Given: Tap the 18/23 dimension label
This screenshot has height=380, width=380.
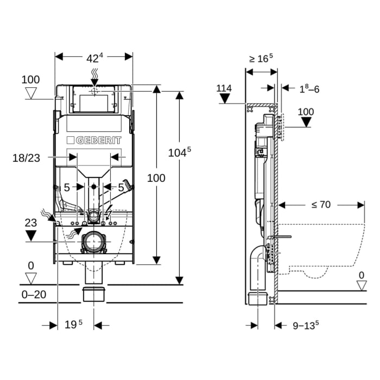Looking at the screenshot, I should click(x=26, y=158).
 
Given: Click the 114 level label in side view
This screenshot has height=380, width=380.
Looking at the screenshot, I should click(x=224, y=88).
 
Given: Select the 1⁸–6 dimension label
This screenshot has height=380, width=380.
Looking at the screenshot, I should click(x=308, y=89).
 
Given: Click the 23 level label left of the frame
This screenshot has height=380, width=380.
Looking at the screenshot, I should click(x=30, y=222).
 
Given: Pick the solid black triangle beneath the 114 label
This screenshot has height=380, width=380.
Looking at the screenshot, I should click(x=225, y=99).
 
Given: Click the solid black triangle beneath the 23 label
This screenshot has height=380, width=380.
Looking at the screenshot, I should click(x=31, y=235).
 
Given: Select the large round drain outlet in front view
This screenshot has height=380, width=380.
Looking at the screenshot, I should click(x=94, y=241).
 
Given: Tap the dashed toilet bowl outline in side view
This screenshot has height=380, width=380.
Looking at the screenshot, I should click(x=326, y=250).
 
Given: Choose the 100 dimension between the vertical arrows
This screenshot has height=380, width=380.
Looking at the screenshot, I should click(x=156, y=178).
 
